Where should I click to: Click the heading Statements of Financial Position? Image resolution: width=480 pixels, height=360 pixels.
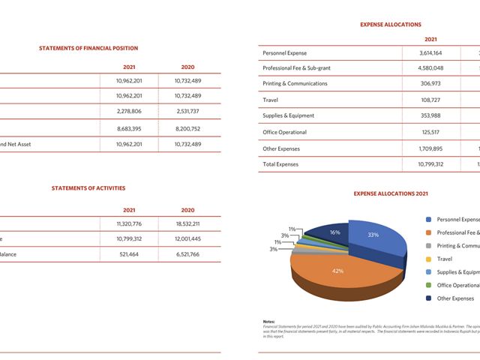[x=88, y=48]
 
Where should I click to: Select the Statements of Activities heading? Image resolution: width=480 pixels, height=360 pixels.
[x=88, y=188]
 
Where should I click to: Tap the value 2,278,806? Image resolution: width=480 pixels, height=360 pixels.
[x=129, y=112]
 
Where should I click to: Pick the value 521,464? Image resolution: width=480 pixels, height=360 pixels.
[x=130, y=254]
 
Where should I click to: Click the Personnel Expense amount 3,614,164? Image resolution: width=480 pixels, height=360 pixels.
[x=430, y=53]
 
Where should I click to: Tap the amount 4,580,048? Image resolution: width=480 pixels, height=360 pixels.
[x=430, y=68]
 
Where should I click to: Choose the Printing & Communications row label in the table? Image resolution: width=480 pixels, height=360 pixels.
[x=295, y=83]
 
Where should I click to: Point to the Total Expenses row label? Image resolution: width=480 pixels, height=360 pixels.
[x=281, y=164]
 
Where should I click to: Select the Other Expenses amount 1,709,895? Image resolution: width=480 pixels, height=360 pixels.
[x=430, y=148]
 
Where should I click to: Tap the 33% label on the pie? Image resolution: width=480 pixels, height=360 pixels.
[x=373, y=235]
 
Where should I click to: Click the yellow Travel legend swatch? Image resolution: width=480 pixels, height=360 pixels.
[x=428, y=259]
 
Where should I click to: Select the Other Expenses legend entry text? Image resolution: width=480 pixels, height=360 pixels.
[x=456, y=298]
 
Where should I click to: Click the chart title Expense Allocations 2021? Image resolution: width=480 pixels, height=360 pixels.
[x=391, y=193]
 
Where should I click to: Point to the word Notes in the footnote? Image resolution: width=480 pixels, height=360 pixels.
[x=269, y=322]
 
